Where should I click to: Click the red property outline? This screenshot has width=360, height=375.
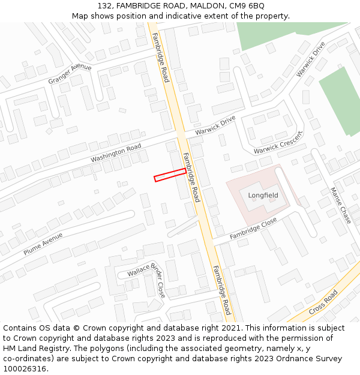(x=170, y=175)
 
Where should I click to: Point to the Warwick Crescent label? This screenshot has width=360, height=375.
(x=277, y=142)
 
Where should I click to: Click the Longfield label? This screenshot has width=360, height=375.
(x=263, y=195)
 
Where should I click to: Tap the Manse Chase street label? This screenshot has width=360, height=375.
(x=340, y=205)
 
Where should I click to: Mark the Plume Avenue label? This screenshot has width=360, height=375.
(x=43, y=243)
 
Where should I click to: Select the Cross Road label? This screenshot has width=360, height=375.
(x=323, y=303)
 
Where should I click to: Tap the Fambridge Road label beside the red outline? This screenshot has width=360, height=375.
(x=191, y=177)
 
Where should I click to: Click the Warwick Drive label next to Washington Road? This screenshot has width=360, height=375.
(x=215, y=125)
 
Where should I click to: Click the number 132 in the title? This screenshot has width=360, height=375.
(x=104, y=5)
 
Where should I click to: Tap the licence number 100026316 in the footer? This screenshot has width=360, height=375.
(x=25, y=369)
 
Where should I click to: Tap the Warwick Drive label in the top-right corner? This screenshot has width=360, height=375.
(x=310, y=59)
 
